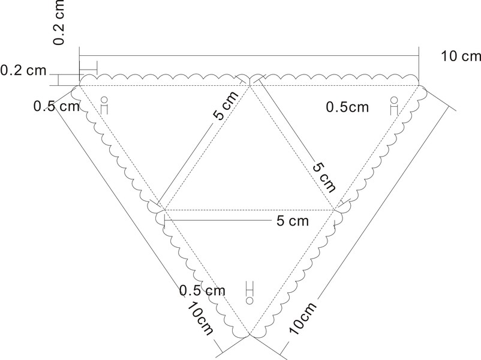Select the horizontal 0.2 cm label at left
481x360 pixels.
pyautogui.click(x=23, y=70)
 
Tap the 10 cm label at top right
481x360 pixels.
pyautogui.click(x=461, y=56)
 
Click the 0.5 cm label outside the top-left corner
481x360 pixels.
pyautogui.click(x=57, y=106)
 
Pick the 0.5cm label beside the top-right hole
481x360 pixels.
pyautogui.click(x=348, y=107)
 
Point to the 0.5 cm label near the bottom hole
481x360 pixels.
pyautogui.click(x=202, y=290)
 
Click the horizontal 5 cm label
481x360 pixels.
pyautogui.click(x=292, y=221)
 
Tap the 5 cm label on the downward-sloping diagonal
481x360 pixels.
pyautogui.click(x=324, y=175)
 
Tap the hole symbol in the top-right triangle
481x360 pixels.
pyautogui.click(x=394, y=105)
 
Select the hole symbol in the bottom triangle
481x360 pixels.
pyautogui.click(x=249, y=290)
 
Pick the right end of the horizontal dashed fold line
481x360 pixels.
pyautogui.click(x=335, y=210)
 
